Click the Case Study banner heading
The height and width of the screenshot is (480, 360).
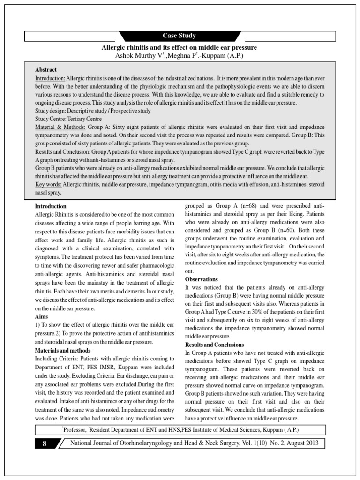(179, 36)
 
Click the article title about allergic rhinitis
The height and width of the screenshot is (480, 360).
(180, 48)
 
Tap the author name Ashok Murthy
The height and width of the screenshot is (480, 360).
(136, 56)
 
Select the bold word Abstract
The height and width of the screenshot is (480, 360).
(46, 70)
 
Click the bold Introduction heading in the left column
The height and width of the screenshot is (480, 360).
(51, 206)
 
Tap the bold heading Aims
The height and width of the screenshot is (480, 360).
(42, 316)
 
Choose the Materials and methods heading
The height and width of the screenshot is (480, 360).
(63, 351)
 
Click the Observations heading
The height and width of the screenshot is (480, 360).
(202, 279)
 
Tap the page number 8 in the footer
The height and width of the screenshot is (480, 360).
(44, 443)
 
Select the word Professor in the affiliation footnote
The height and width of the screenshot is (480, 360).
(75, 430)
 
